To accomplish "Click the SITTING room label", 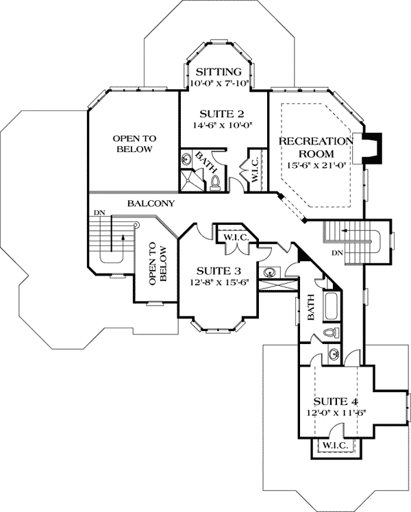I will click(219, 72).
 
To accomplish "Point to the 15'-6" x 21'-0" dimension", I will click(315, 164).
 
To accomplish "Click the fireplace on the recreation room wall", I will click(373, 147).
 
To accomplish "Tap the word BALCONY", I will click(150, 204).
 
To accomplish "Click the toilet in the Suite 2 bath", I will click(215, 181).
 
